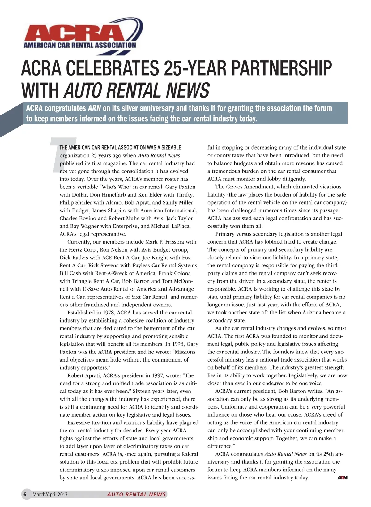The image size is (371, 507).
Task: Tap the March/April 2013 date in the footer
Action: coord(50,494)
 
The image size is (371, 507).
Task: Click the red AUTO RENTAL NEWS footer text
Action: coord(136,494)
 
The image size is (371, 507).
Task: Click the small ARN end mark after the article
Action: coord(342,478)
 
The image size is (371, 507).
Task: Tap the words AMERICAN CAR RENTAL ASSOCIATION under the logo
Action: coord(80,45)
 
